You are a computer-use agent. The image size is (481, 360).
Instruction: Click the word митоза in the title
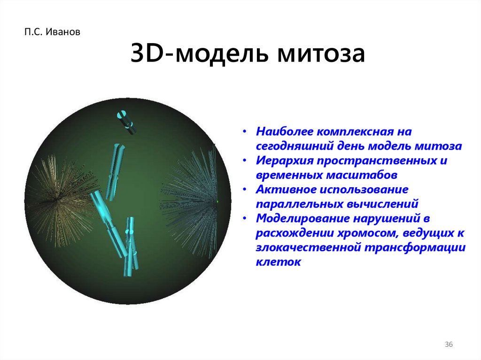pos(321,54)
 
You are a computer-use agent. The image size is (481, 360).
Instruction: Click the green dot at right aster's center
pos(218,202)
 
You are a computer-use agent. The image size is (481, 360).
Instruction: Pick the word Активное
pos(281,190)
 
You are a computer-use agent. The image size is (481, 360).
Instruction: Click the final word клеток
pos(278,262)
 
